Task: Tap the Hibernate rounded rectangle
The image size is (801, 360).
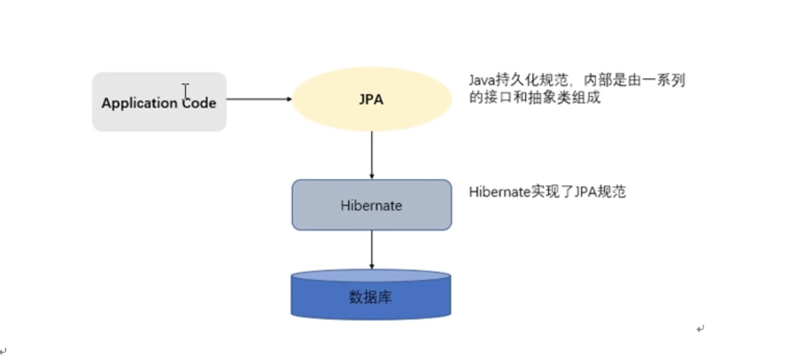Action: pos(371,205)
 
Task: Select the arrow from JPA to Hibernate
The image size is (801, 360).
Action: pos(371,155)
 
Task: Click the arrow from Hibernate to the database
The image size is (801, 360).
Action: pos(371,249)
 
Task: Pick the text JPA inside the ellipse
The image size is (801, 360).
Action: pos(371,99)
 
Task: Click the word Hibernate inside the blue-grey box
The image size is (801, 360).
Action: pos(371,205)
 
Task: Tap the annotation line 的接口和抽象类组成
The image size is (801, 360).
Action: pos(535,97)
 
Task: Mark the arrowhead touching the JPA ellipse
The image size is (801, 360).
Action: pos(288,99)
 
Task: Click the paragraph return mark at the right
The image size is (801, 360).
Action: pos(700,329)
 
